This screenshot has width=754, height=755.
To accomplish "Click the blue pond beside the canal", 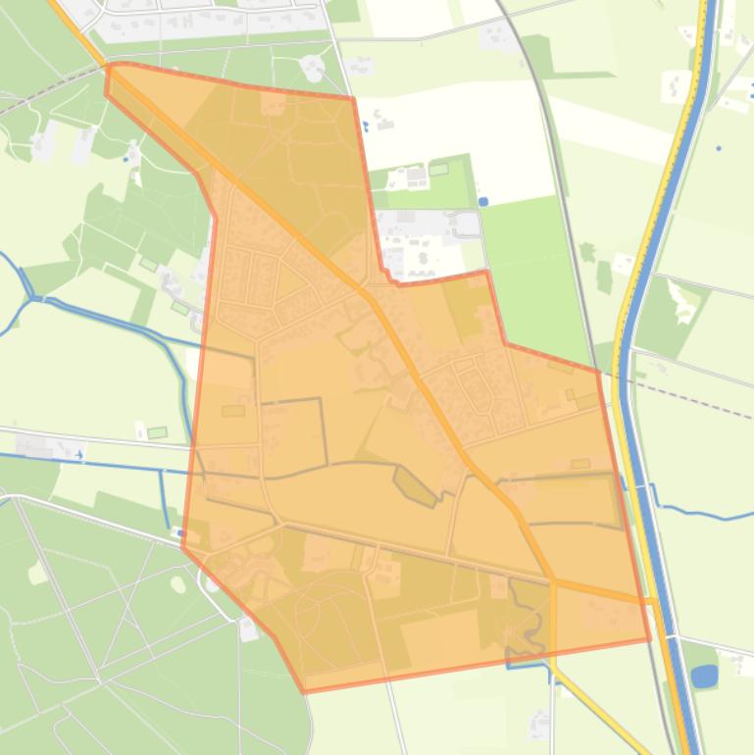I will click(x=703, y=676).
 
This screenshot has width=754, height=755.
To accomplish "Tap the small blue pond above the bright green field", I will click(x=483, y=202).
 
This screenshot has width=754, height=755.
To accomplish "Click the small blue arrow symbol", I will click(x=79, y=454).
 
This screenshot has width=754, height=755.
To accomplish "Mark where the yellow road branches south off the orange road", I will click(x=553, y=581).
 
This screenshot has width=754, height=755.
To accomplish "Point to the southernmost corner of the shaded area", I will click(x=304, y=691).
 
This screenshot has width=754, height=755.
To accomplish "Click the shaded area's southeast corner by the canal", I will click(x=649, y=639).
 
